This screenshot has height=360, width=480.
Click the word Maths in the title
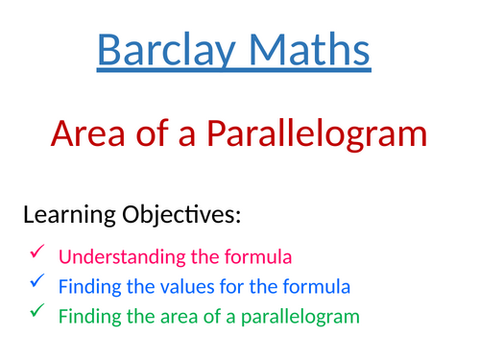coord(309,50)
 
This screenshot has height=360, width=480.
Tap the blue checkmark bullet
coord(36,282)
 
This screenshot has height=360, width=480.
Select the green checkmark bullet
coord(36,311)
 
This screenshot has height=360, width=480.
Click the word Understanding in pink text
coord(112,257)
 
